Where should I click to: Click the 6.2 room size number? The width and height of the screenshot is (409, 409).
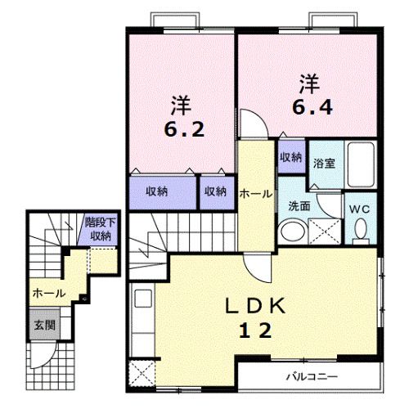pyautogui.click(x=184, y=129)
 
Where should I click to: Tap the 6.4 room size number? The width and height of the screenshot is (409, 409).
pyautogui.click(x=312, y=107)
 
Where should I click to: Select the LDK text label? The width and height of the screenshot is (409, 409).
pyautogui.click(x=255, y=306)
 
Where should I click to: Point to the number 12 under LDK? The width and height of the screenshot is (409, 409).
pyautogui.click(x=255, y=330)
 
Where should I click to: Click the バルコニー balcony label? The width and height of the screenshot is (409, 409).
pyautogui.click(x=312, y=377)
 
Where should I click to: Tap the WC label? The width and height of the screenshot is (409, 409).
pyautogui.click(x=360, y=209)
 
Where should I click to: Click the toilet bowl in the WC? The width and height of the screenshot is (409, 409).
pyautogui.click(x=361, y=228)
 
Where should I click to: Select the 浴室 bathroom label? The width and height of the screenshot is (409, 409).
pyautogui.click(x=324, y=164)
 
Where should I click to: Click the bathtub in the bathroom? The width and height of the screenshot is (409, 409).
pyautogui.click(x=361, y=164)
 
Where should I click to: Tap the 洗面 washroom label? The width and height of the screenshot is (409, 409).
pyautogui.click(x=299, y=206)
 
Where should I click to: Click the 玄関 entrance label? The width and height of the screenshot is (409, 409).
pyautogui.click(x=45, y=325)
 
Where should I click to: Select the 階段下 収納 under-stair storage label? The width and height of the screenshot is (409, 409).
pyautogui.click(x=100, y=229)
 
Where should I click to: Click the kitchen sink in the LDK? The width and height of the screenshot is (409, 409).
pyautogui.click(x=143, y=299)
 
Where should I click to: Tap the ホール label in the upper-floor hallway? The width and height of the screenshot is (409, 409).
pyautogui.click(x=256, y=194)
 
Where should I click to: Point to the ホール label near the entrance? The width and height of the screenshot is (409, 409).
pyautogui.click(x=49, y=294)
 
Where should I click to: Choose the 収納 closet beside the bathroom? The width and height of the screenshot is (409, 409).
pyautogui.click(x=291, y=157)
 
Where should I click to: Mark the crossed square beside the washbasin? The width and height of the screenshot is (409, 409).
pyautogui.click(x=325, y=231)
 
